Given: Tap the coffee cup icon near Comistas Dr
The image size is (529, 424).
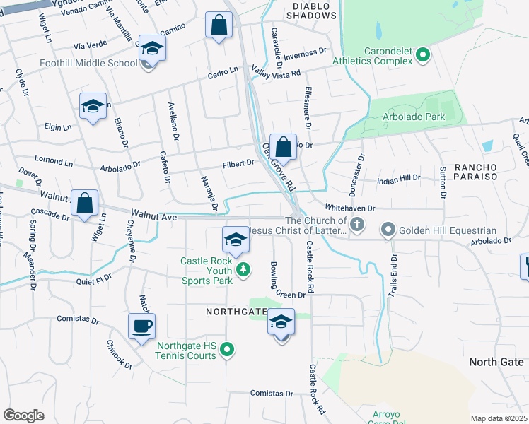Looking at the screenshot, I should [x=141, y=326].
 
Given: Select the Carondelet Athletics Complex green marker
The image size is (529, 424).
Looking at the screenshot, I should [x=423, y=54].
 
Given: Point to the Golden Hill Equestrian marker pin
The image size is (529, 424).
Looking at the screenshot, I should [x=388, y=230].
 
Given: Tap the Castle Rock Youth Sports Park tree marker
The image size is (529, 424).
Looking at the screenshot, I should [x=243, y=269].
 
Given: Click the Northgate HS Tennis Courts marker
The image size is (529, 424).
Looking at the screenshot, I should [x=227, y=348].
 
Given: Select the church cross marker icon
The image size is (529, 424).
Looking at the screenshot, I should [x=357, y=226].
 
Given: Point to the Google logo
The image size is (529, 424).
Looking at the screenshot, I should [x=23, y=415].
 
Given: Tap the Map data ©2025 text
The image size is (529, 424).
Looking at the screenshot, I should [x=498, y=418].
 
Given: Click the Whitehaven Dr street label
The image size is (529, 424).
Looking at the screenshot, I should [x=349, y=208].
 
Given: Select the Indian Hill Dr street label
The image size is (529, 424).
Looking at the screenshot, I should [x=398, y=179].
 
